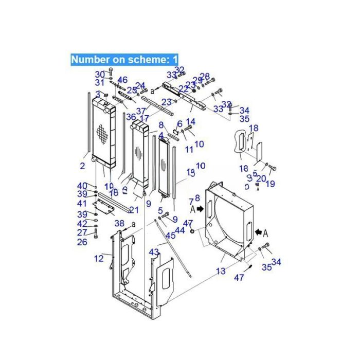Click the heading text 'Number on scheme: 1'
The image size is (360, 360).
[x=124, y=59]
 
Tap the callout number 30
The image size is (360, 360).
[x=100, y=75]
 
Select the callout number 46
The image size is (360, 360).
[x=122, y=80]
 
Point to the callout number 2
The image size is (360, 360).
[x=82, y=166]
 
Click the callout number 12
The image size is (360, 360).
[x=99, y=258]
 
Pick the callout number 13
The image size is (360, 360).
[x=221, y=271]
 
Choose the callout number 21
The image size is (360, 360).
[x=134, y=210]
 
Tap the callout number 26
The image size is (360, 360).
[x=82, y=242]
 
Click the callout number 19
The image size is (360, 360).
[x=271, y=184]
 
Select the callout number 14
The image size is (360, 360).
[x=191, y=121]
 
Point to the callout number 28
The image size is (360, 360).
[x=205, y=76]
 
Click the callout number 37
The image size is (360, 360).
[x=141, y=111]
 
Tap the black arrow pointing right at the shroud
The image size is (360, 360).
[x=199, y=210]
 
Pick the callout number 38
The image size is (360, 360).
[x=119, y=223]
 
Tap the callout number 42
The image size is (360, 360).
[x=82, y=224]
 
